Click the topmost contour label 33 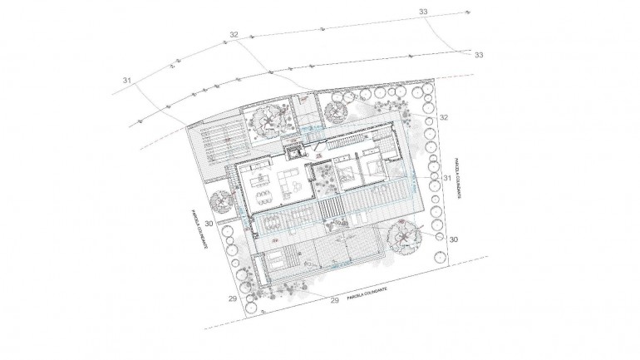click(x=424, y=12)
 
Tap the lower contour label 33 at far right click(x=479, y=55)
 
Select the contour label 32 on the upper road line click(x=234, y=35)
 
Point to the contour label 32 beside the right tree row click(x=443, y=119)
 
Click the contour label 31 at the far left click(x=127, y=80)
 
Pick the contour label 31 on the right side click(x=446, y=178)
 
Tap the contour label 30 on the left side click(x=208, y=224)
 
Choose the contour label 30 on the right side click(x=453, y=239)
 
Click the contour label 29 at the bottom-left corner click(x=233, y=296)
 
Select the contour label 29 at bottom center click(x=335, y=299)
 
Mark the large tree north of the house click(x=271, y=121)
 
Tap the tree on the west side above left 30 click(x=221, y=202)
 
